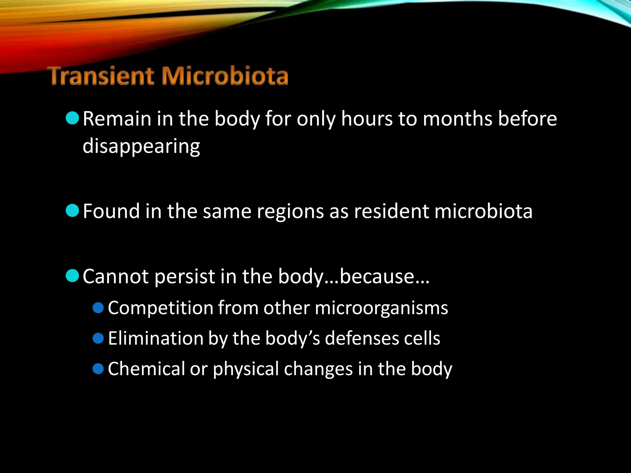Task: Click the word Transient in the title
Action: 102,76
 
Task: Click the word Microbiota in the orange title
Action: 225,76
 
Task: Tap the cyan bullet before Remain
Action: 73,118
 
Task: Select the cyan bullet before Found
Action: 73,211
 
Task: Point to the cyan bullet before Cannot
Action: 73,275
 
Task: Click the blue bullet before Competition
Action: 98,308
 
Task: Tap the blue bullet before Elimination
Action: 98,338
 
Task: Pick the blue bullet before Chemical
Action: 98,369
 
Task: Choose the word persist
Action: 185,276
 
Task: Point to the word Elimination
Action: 156,338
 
